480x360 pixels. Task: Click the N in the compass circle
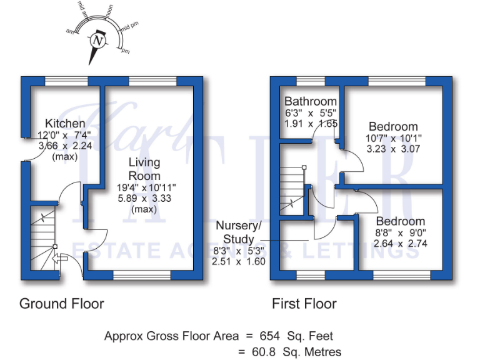[97, 41]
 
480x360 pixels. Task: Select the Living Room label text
[144, 169]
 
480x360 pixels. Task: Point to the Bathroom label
[311, 101]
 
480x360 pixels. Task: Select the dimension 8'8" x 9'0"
[400, 232]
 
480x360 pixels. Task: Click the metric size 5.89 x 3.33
[144, 198]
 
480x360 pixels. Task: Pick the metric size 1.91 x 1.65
[311, 124]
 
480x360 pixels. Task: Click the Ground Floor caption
[62, 304]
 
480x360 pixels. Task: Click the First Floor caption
[304, 304]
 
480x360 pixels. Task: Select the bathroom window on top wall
[310, 81]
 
